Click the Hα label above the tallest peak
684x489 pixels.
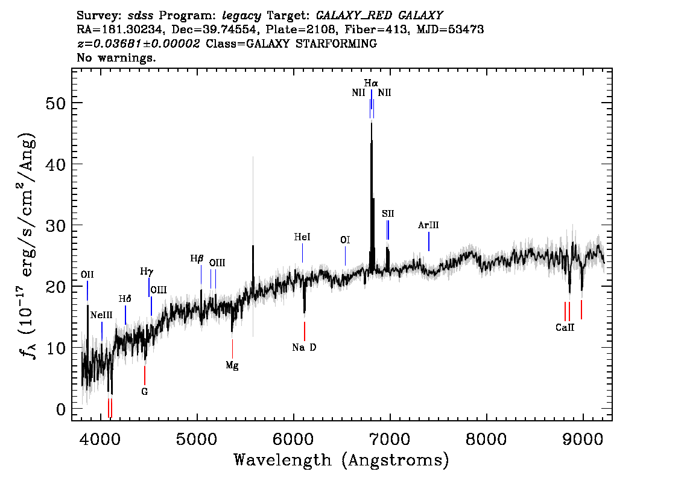(x=371, y=83)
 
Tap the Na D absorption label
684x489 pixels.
(x=304, y=348)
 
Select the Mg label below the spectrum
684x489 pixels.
(x=232, y=365)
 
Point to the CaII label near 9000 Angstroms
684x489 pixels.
(x=565, y=327)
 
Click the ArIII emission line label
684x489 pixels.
(x=428, y=225)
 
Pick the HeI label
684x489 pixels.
(x=302, y=237)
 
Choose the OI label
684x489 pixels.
(x=345, y=240)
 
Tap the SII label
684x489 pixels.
(x=388, y=214)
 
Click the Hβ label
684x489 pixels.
(x=197, y=259)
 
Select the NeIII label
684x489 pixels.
(x=102, y=315)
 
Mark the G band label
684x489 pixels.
(x=144, y=392)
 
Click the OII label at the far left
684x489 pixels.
(x=87, y=275)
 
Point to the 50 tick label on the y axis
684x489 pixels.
(x=55, y=104)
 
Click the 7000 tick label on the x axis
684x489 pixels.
(x=389, y=439)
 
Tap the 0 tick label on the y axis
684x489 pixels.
(x=61, y=410)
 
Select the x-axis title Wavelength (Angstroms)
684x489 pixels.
(x=341, y=460)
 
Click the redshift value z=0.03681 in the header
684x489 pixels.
(x=139, y=43)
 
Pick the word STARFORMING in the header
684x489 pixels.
(x=337, y=43)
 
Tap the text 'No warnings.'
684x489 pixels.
(x=116, y=57)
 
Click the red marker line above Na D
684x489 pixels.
(x=305, y=331)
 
